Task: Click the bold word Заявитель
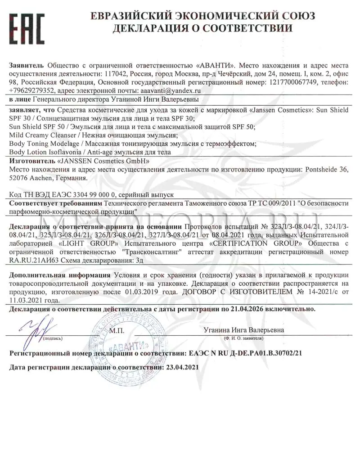coord(27,66)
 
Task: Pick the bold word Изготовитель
coord(32,161)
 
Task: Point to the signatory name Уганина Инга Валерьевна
coord(243,330)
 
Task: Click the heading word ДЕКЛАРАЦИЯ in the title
coord(159,28)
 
